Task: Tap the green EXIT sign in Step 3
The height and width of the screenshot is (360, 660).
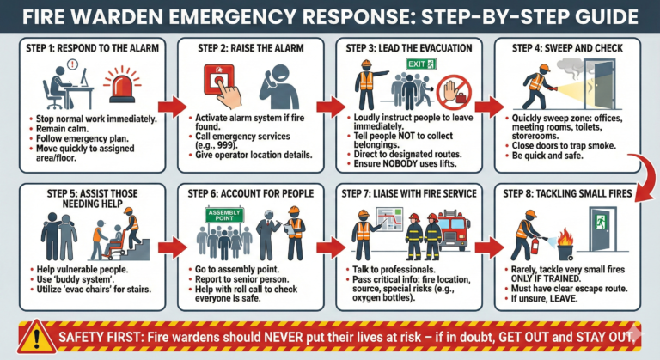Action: click(x=421, y=64)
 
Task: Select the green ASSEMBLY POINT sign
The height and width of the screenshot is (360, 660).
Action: click(x=224, y=215)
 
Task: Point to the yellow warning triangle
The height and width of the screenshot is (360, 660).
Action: click(x=37, y=338)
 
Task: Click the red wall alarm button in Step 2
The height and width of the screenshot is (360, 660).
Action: click(x=218, y=79)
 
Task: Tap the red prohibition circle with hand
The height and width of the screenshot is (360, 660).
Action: click(x=454, y=93)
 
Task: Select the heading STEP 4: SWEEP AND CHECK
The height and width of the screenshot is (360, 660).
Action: click(x=567, y=48)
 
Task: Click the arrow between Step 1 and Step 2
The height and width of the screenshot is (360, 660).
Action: click(x=172, y=107)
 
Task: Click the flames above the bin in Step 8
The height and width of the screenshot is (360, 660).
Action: click(x=565, y=238)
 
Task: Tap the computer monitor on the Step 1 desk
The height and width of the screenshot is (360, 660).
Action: click(x=84, y=77)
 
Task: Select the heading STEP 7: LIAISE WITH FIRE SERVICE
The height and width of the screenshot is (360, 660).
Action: click(x=409, y=193)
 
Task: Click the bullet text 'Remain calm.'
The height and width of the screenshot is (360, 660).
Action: click(x=62, y=129)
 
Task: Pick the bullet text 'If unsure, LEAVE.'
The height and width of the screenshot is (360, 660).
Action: click(x=544, y=298)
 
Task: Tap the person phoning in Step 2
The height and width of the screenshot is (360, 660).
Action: click(x=278, y=87)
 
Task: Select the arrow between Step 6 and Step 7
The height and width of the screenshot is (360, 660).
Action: click(x=331, y=247)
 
